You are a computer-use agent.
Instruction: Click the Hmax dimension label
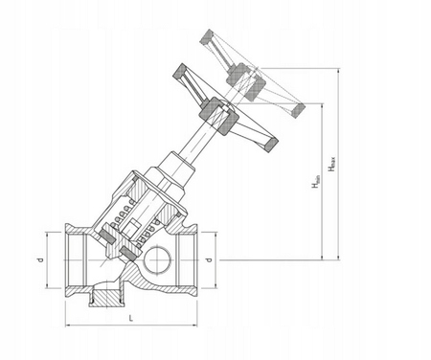click(x=332, y=164)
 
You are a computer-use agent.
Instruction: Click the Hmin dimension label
click(x=315, y=182)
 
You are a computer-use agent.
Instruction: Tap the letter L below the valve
click(x=130, y=318)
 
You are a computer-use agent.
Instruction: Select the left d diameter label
click(x=40, y=260)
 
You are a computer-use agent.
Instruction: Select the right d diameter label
click(x=209, y=259)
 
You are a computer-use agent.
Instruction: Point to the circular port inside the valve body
click(x=157, y=259)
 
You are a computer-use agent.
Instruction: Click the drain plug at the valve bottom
click(x=104, y=299)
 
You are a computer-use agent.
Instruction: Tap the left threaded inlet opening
click(x=75, y=260)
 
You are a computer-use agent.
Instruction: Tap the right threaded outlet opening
click(x=187, y=260)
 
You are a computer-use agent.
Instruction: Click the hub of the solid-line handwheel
click(x=218, y=116)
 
